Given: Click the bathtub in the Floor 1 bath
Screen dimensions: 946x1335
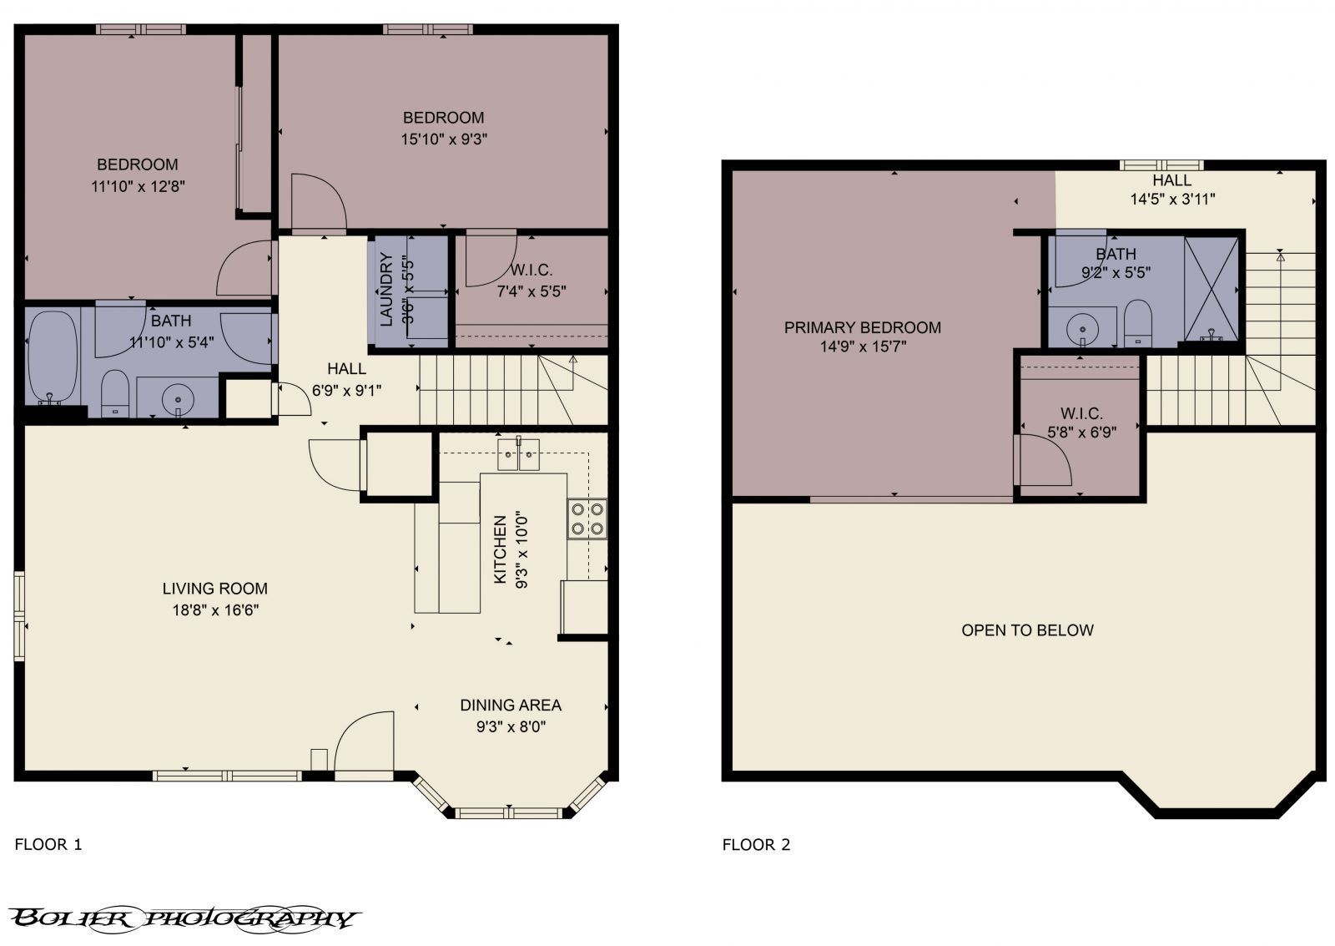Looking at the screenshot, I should point(52,357).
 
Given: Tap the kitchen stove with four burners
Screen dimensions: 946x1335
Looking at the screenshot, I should point(587,519).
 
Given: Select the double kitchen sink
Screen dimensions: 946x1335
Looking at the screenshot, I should point(518,454).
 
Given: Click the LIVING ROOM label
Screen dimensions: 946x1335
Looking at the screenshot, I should point(214,589).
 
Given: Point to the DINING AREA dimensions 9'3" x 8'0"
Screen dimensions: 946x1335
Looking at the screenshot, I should point(511,726).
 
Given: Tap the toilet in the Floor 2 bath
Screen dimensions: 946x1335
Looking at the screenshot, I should point(1137,324).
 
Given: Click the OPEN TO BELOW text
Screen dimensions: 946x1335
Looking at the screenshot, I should point(1027,630).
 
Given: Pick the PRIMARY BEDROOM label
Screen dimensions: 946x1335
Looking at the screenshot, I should point(862,327).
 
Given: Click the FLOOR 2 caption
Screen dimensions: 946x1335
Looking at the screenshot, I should point(756,844).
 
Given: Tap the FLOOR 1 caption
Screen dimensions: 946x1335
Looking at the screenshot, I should point(48,844).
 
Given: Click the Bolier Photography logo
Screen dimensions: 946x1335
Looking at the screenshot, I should point(185,918).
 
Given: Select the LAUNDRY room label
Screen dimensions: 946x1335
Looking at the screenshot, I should point(386,289).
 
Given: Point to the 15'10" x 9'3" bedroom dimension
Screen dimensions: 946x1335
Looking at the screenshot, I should point(443,139).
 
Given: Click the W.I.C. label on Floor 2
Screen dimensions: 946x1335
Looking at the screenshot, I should point(1081,413).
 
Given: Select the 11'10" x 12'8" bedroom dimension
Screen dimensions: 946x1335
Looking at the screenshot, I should point(138,185).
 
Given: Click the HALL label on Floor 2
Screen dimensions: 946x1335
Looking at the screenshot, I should point(1171,180).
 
